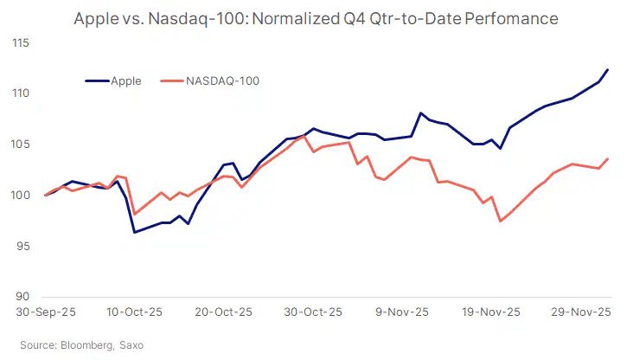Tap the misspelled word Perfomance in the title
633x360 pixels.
511,18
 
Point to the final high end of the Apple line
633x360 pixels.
608,69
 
